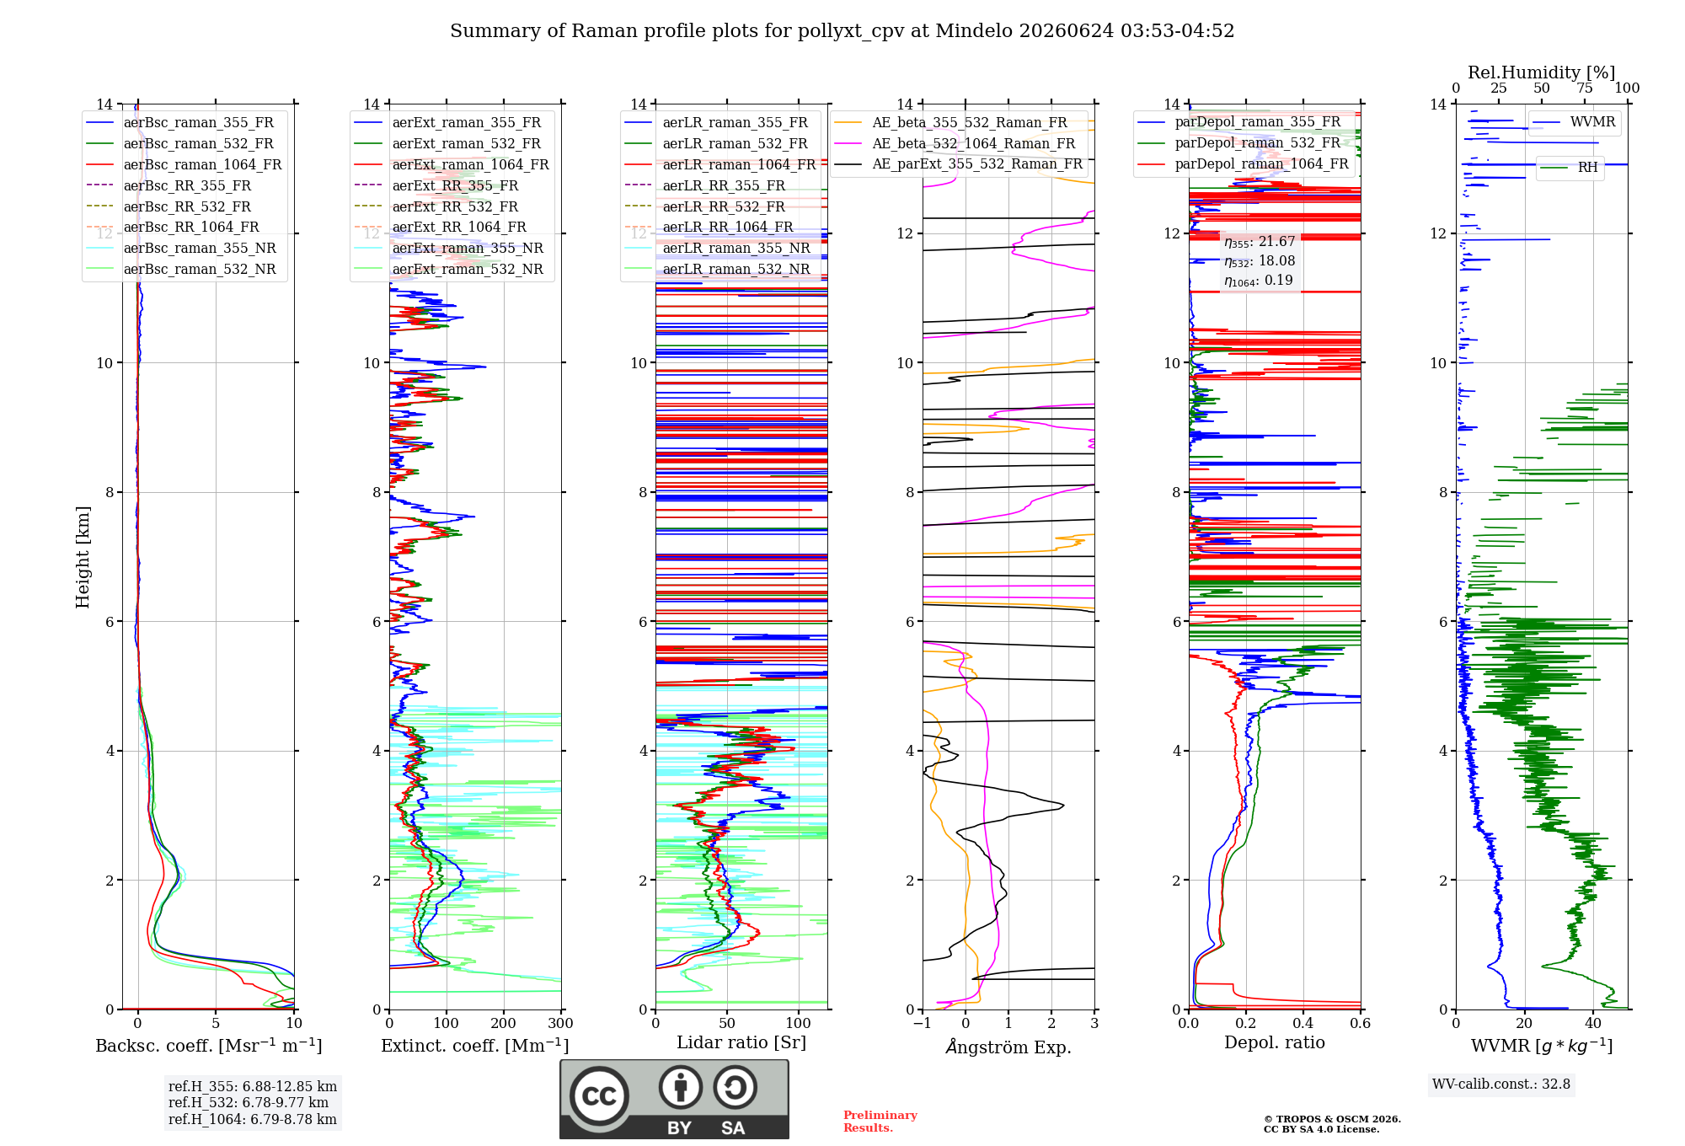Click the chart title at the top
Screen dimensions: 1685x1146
click(x=842, y=31)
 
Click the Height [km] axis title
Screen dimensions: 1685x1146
click(x=83, y=557)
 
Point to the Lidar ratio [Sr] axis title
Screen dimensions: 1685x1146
click(x=741, y=1042)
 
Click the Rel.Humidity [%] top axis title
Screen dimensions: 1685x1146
click(x=1541, y=72)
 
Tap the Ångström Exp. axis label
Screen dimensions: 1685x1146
click(x=1008, y=1047)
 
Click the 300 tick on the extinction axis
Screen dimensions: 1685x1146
click(x=561, y=1023)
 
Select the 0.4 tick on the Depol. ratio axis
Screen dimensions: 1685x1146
click(x=1303, y=1023)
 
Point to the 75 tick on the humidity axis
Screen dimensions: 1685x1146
click(x=1585, y=88)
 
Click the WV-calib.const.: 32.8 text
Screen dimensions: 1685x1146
click(x=1501, y=1084)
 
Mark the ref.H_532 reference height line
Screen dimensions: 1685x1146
click(x=249, y=1102)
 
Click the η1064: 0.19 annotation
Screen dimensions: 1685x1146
click(x=1259, y=281)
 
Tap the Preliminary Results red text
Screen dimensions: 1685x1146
click(x=880, y=1122)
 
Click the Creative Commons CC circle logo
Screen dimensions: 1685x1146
click(x=600, y=1096)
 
